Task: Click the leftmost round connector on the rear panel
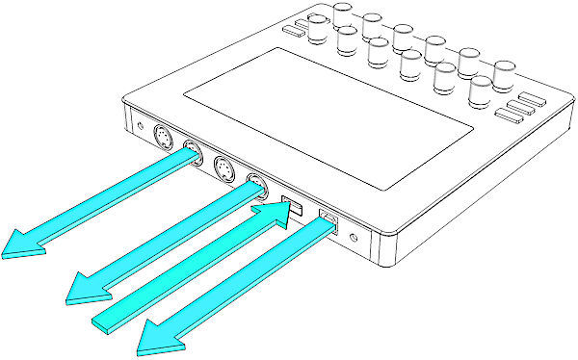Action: pos(164,141)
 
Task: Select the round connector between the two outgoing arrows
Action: pos(223,170)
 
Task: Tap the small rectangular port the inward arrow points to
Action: pos(290,205)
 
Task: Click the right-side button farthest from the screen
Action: pos(533,98)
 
